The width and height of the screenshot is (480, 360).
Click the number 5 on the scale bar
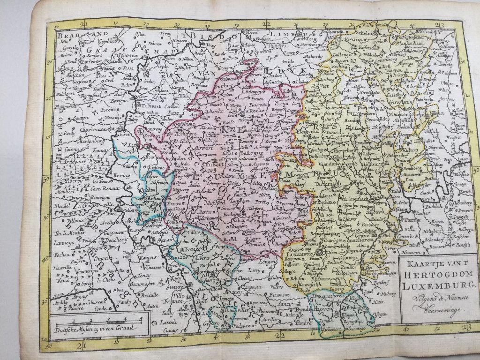[x=141, y=319]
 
